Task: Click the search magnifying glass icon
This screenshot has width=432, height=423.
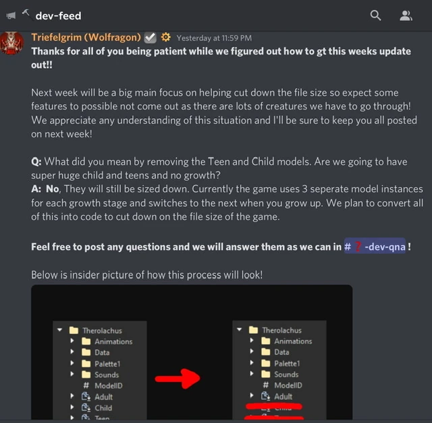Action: tap(376, 15)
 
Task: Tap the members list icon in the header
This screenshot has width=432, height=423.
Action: tap(406, 15)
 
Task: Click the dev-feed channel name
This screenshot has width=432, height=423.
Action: tap(58, 15)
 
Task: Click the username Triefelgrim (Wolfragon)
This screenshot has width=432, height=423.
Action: tap(86, 38)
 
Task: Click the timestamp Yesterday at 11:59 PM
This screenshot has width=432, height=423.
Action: tap(214, 38)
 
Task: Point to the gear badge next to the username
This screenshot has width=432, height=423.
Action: tap(165, 38)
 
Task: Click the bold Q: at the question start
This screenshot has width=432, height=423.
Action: tap(36, 162)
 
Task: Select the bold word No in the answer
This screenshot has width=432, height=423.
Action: tap(53, 189)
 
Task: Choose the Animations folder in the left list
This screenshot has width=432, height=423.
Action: tap(113, 341)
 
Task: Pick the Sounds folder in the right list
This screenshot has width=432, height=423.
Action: tap(286, 374)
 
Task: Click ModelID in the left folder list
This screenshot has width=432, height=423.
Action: tap(108, 385)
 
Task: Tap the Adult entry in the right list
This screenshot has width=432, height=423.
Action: tap(283, 396)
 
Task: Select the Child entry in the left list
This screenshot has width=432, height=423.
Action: tap(103, 407)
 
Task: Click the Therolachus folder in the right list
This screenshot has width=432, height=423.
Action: tap(281, 331)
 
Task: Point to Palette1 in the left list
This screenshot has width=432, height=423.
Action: tap(107, 364)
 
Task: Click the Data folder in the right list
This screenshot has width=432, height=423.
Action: tap(281, 352)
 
